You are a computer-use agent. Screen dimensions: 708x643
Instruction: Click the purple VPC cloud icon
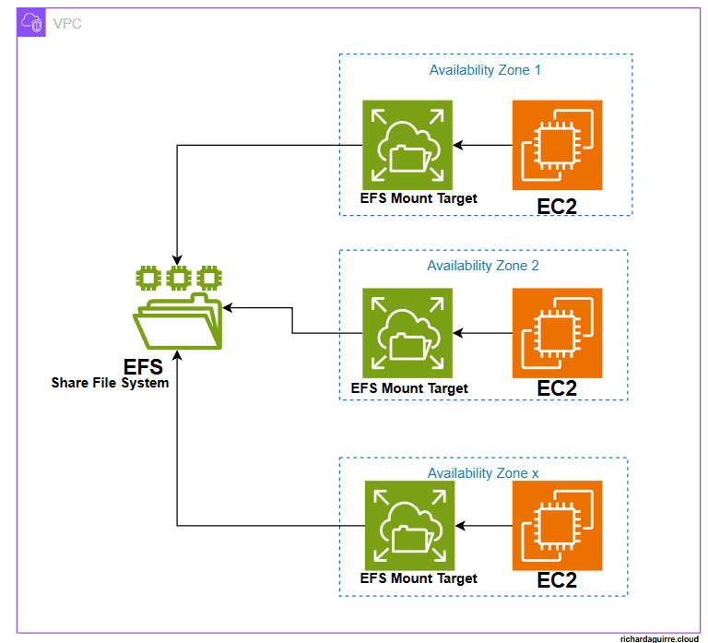[x=31, y=22]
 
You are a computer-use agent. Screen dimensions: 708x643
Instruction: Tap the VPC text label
[x=67, y=23]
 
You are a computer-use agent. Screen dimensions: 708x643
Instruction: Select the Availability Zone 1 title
[x=485, y=70]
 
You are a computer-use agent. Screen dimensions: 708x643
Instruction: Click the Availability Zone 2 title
[x=483, y=266]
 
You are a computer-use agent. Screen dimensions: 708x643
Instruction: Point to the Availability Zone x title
[x=483, y=473]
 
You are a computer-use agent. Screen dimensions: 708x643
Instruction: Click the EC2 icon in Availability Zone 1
[x=557, y=145]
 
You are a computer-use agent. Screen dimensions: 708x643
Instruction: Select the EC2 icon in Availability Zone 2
[x=557, y=333]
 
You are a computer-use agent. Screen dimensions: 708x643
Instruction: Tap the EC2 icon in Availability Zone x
[x=557, y=526]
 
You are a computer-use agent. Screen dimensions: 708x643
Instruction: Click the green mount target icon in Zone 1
[x=407, y=145]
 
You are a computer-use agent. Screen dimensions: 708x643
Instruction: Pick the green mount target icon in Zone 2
[x=407, y=333]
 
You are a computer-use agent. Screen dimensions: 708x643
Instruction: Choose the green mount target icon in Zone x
[x=409, y=526]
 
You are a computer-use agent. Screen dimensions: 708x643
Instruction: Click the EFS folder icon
[x=177, y=321]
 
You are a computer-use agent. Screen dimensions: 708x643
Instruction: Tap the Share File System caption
[x=111, y=383]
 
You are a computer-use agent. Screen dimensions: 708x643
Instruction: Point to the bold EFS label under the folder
[x=143, y=367]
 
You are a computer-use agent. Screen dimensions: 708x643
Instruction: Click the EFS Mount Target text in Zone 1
[x=419, y=198]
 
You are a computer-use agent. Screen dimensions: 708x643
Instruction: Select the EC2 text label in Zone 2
[x=557, y=388]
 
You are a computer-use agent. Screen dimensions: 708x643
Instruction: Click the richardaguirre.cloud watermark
[x=659, y=638]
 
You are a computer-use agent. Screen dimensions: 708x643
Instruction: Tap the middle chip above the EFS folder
[x=179, y=278]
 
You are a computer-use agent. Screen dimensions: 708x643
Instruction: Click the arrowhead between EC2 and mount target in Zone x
[x=460, y=526]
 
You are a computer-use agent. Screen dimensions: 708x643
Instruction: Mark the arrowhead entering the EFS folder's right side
[x=228, y=308]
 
